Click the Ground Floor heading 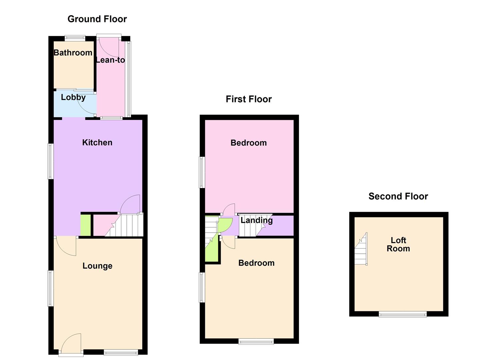point(97,19)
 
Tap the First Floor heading point(249,99)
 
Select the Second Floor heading point(398,196)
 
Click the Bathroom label point(73,53)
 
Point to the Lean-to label point(110,60)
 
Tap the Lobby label point(73,97)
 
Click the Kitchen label point(97,143)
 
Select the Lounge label point(97,266)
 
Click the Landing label point(257,220)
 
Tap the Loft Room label point(398,244)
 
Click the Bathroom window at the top point(75,38)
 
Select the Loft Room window point(403,314)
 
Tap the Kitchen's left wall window point(51,161)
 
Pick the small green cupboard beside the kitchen point(86,225)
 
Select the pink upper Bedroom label point(249,143)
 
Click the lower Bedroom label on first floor point(256,263)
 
